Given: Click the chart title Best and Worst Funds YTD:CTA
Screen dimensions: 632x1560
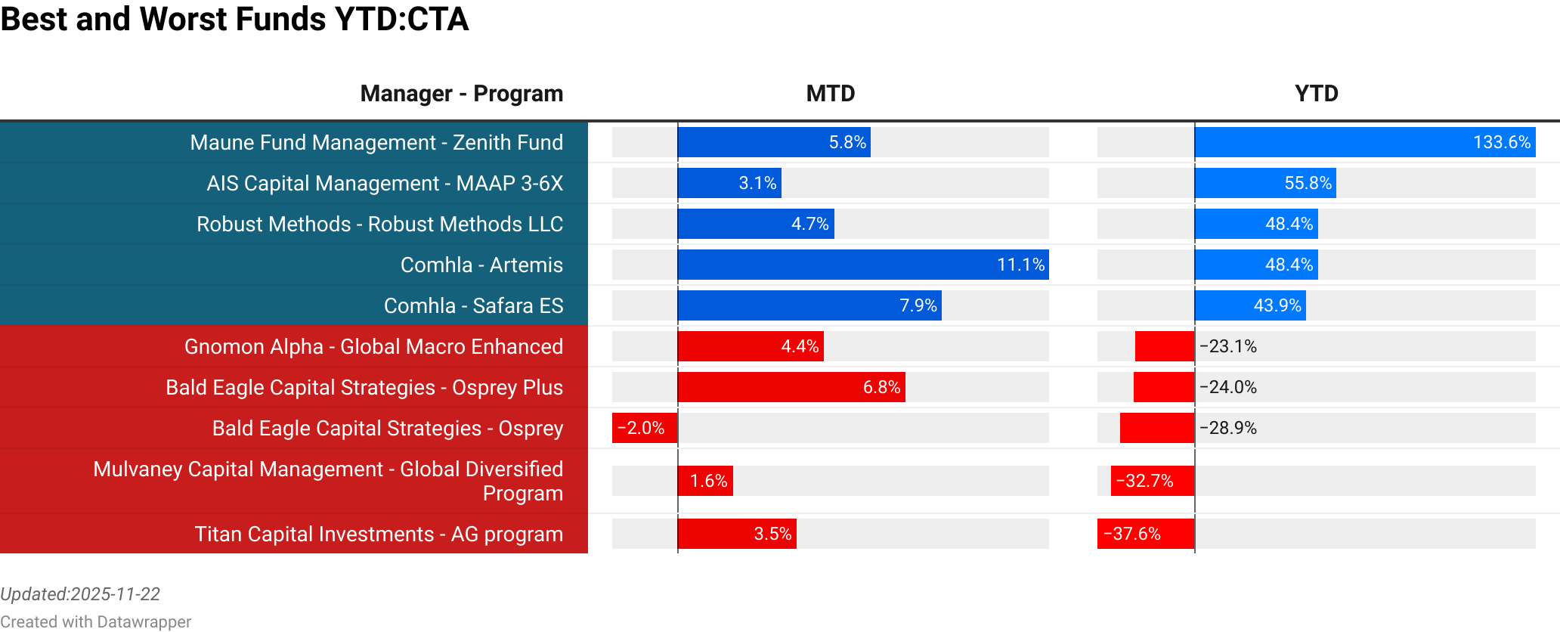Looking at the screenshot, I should [x=234, y=20].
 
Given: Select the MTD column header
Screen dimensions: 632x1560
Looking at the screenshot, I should [x=830, y=94].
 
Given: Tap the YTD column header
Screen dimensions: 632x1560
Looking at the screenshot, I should [x=1316, y=94].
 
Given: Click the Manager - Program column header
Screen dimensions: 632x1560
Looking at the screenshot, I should [x=461, y=94].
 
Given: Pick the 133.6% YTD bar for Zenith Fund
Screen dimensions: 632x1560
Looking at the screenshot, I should [x=1364, y=142].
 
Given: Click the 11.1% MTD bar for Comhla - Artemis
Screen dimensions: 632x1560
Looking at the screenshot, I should [x=862, y=265].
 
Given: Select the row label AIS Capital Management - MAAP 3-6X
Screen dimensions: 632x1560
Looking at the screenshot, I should [x=385, y=183].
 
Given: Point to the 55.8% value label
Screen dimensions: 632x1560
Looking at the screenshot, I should [x=1308, y=183].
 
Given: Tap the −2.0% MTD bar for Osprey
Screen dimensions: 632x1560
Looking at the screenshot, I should [x=644, y=428].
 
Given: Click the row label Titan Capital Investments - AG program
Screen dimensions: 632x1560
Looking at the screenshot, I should [x=379, y=534].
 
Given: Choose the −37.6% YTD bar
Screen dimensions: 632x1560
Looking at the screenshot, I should [x=1146, y=534].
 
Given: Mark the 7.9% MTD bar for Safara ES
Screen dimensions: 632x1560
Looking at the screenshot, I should [x=809, y=305].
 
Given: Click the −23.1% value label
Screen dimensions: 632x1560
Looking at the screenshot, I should [x=1228, y=346].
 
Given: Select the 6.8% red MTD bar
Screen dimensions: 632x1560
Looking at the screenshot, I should [x=791, y=387].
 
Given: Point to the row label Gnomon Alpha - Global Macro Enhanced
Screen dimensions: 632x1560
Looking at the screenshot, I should [x=373, y=346].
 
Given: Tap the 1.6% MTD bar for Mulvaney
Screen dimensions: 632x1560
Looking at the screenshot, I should [x=705, y=481].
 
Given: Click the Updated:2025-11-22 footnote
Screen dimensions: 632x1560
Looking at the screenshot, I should [x=80, y=594].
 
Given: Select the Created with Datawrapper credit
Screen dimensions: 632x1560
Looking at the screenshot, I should [x=95, y=621].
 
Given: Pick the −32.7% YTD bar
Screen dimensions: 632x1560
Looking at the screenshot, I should [x=1153, y=481].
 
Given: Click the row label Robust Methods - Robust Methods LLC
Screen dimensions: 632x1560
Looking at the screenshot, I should [x=379, y=224].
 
